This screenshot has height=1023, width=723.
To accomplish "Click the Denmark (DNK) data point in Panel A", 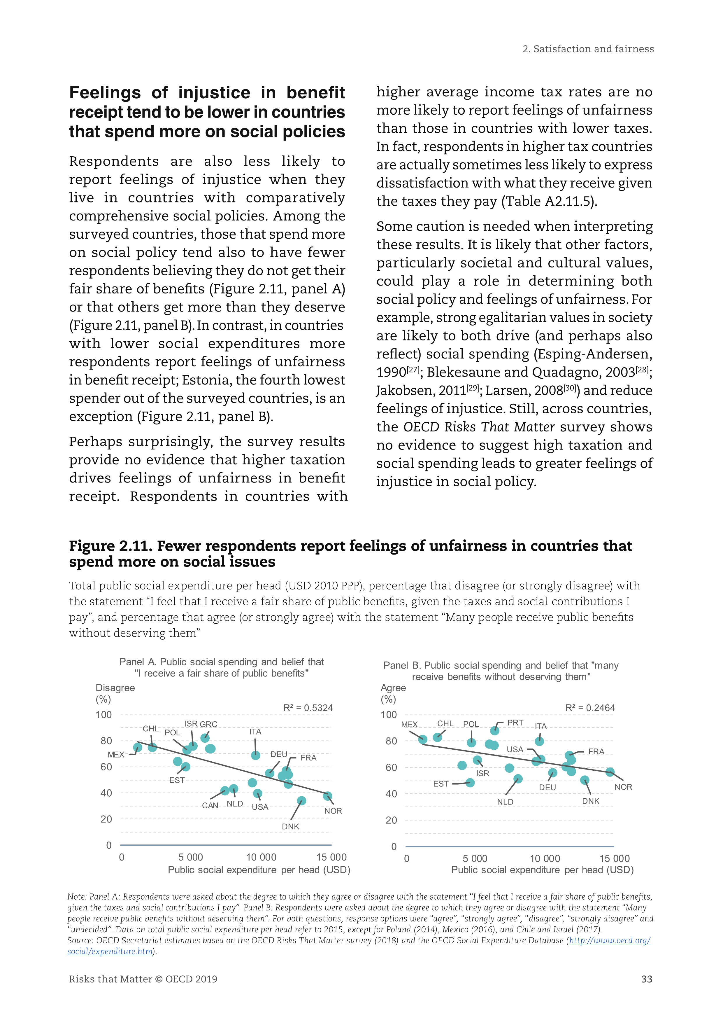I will [301, 801].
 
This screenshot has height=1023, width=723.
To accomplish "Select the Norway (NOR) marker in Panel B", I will [610, 772].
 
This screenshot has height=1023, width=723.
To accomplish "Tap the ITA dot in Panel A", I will [256, 755].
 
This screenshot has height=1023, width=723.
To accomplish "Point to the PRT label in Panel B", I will [515, 723].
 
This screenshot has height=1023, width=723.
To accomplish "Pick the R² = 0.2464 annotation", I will [590, 708].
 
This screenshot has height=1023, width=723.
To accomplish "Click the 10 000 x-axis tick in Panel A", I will [261, 857].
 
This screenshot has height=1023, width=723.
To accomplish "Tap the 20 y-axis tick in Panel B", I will [391, 820].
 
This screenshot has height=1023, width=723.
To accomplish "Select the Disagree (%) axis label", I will [115, 693].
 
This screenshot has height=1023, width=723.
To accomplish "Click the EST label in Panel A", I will [177, 780].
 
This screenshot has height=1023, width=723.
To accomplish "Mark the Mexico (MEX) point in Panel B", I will [423, 740].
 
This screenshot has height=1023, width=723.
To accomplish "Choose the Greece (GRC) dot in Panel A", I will [205, 738].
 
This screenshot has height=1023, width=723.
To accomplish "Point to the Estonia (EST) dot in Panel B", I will [470, 783].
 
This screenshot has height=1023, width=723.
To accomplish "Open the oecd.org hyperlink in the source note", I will [610, 940].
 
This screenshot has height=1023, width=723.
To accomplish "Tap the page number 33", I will [646, 979].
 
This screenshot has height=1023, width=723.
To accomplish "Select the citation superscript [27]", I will [413, 369].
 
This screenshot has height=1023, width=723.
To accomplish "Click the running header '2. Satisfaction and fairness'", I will [588, 49].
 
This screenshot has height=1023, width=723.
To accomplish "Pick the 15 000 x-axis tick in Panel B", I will [614, 858].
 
